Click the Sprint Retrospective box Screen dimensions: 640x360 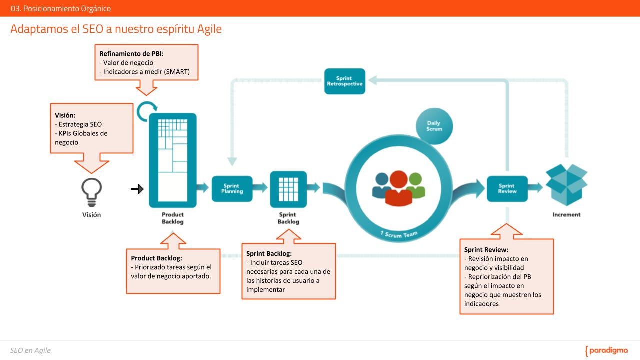345,81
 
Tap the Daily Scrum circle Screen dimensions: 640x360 434,126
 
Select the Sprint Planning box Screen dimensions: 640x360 232,189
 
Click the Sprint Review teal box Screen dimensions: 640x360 507,189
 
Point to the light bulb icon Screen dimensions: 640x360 91,192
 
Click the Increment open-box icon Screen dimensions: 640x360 566,185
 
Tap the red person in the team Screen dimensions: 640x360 399,188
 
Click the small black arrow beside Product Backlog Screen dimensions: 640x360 137,189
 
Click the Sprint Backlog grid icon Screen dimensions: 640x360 288,189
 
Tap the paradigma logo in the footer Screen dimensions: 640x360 606,351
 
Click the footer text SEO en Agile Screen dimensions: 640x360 30,350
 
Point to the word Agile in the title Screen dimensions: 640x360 209,29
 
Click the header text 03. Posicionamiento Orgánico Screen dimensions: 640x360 61,8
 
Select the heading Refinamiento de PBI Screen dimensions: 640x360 131,53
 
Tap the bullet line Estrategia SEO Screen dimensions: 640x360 78,124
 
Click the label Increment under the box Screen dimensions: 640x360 566,215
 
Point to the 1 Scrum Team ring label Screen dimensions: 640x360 399,235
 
